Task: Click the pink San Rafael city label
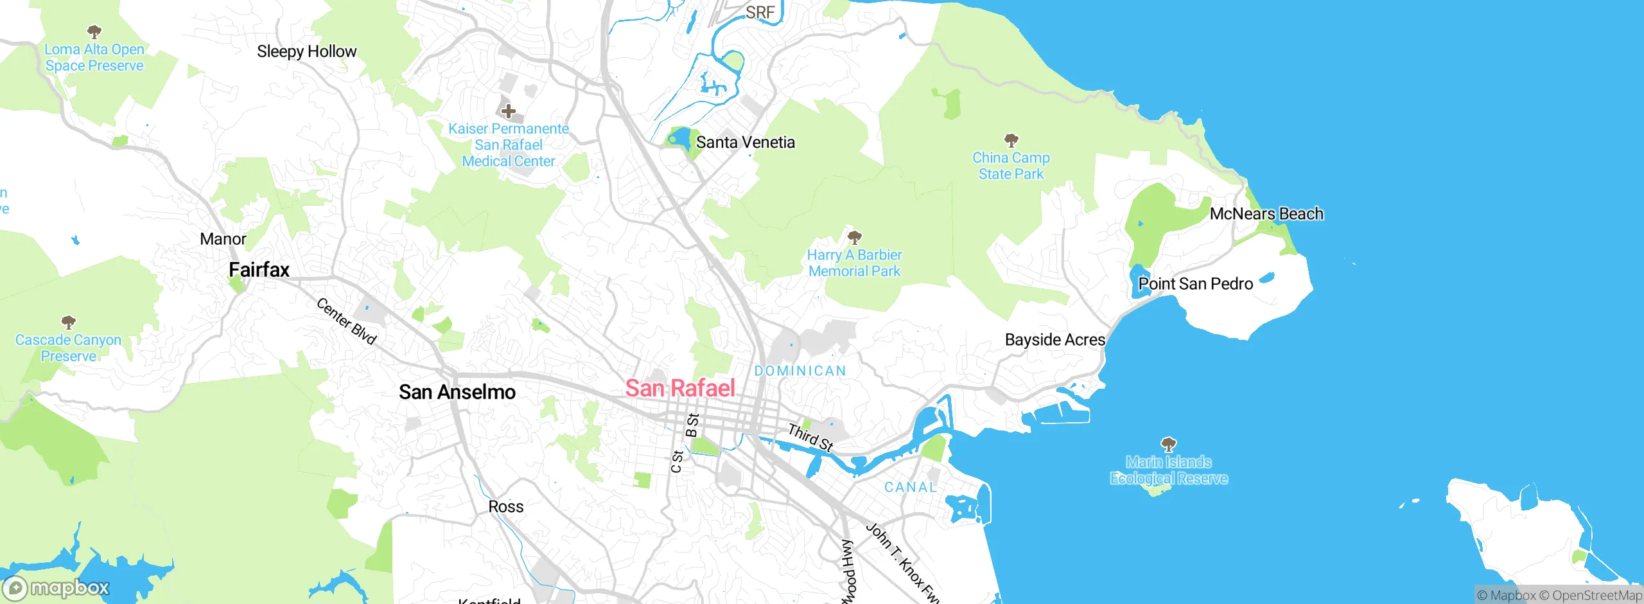(680, 388)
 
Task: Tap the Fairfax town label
(259, 270)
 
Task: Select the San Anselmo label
(457, 392)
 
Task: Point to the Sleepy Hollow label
(306, 51)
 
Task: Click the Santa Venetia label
(745, 142)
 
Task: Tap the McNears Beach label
(1266, 214)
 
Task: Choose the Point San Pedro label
(1195, 284)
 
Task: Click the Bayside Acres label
(1054, 340)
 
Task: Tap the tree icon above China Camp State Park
(1011, 139)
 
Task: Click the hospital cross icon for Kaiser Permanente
(508, 111)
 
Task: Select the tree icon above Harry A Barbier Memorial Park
(854, 237)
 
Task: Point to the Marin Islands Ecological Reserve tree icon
(1168, 444)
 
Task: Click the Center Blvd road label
(346, 321)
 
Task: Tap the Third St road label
(810, 437)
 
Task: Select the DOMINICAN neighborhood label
(800, 371)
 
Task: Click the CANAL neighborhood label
(910, 487)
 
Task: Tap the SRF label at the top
(760, 12)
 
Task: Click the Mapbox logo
(57, 587)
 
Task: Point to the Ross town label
(505, 507)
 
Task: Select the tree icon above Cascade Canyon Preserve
(68, 321)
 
